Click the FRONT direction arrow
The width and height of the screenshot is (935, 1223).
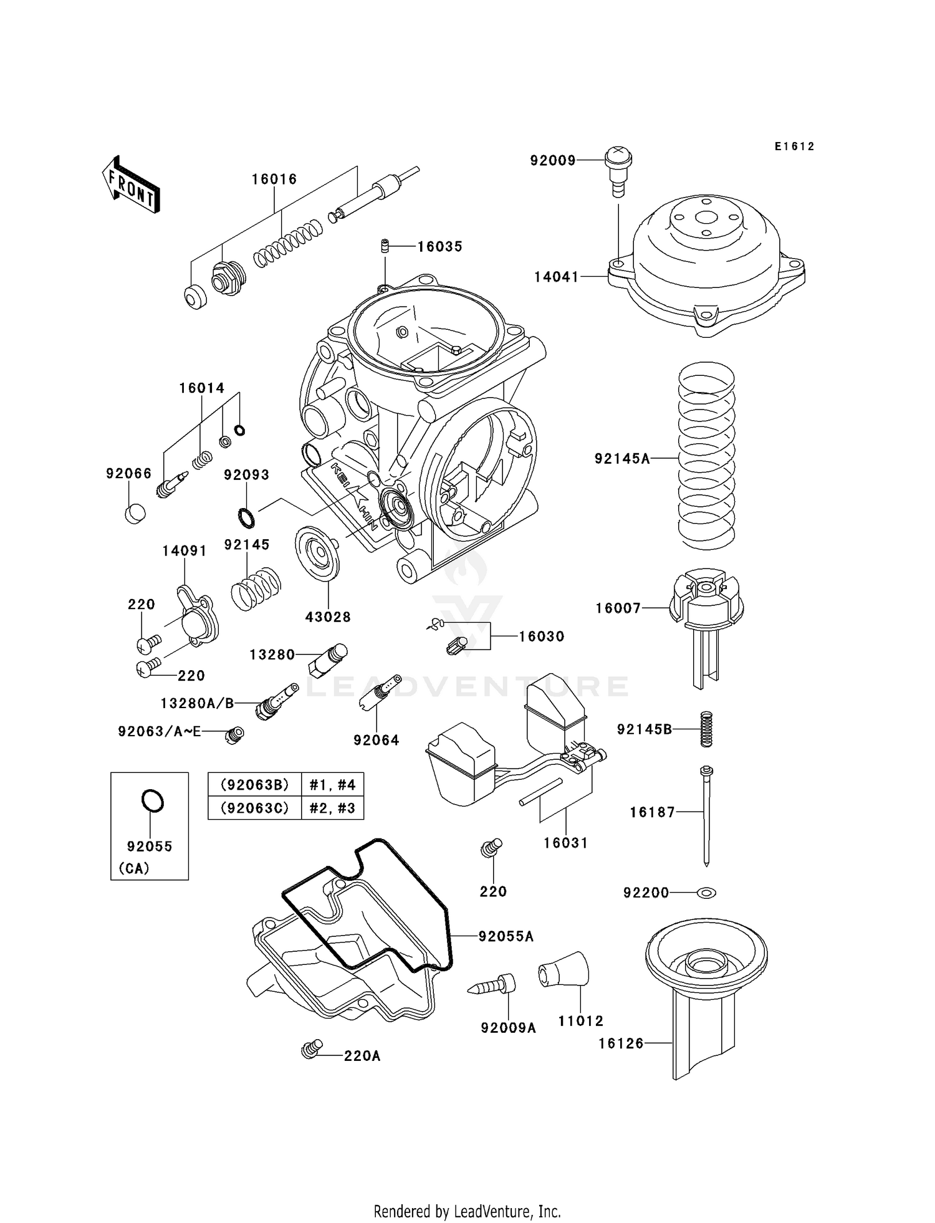[130, 185]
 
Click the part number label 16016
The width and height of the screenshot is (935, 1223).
[274, 179]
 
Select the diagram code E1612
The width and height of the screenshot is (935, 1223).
[795, 146]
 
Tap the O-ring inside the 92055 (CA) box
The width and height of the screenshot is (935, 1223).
[152, 800]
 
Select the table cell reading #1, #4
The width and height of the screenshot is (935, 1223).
[332, 785]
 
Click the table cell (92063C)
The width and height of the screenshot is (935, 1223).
[255, 808]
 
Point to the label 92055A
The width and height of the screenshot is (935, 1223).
[506, 936]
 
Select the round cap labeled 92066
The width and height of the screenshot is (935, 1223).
[135, 513]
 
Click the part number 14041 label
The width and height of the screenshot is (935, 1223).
[557, 277]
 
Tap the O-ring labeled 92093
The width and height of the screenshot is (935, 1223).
[246, 517]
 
